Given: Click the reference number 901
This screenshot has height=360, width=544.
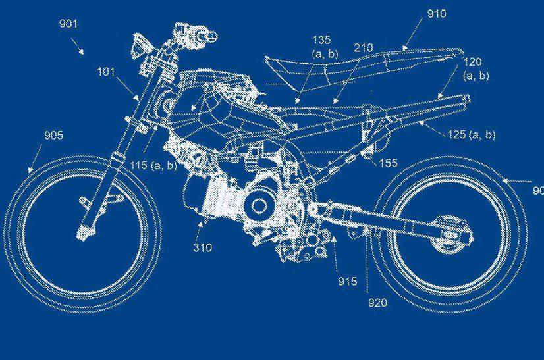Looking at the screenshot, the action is pos(68,24).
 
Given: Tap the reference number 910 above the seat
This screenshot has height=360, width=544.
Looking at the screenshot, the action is pos(437,14).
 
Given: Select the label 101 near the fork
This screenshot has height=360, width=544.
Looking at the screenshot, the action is pos(106,72).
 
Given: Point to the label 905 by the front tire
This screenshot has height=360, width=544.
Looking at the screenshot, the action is pos(54,135).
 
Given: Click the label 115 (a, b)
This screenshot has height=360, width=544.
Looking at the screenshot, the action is pos(153,165).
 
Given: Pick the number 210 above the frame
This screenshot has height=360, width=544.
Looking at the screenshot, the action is pos(364,47).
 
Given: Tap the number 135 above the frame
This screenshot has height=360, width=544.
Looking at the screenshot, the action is pos(321,40).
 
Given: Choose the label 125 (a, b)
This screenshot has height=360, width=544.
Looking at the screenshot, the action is pos(472,134).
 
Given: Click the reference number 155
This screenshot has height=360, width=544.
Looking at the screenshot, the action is pos(388,163).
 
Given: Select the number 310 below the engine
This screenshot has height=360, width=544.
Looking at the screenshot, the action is pos(203,247).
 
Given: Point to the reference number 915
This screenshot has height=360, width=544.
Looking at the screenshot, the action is pos(348,281).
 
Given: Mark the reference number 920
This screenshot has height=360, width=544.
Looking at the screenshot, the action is pos(377,303).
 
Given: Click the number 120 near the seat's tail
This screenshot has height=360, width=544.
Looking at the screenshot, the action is pos(472,62).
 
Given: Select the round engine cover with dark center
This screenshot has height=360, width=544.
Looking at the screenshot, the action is pos(258,206).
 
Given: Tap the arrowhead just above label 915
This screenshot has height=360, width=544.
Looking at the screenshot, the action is pos(333,239).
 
